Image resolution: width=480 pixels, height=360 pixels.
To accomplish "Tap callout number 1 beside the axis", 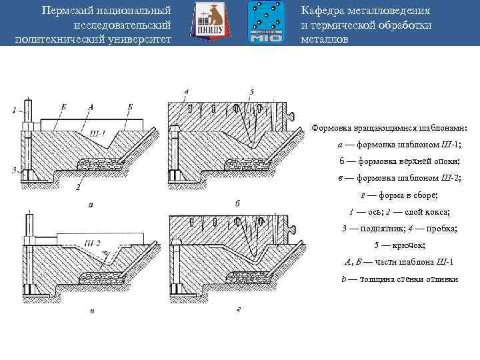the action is [13, 110].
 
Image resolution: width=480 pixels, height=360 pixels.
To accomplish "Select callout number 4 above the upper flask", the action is [187, 91].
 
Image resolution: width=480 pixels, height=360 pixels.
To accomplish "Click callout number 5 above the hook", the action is [251, 91].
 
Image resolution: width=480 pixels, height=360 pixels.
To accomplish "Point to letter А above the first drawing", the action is [91, 107].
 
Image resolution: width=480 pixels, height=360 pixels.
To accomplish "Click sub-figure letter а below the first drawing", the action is [91, 204].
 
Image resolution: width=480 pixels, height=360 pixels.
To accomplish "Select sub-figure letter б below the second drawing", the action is [237, 202].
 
